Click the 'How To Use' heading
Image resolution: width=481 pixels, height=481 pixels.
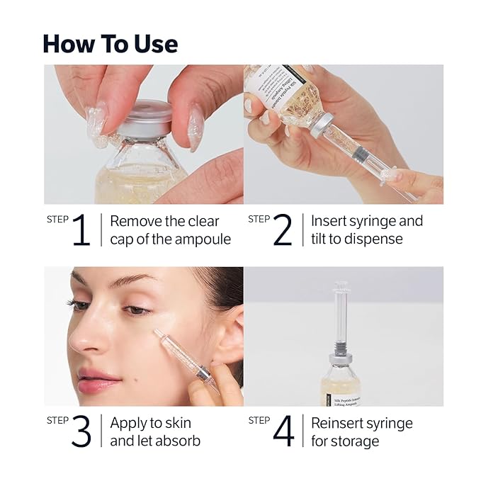(110, 43)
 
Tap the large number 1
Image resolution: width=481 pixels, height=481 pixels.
(81, 230)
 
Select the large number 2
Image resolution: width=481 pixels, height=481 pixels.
(282, 230)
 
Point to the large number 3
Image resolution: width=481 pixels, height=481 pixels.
(81, 432)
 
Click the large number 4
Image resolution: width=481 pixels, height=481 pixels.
(283, 432)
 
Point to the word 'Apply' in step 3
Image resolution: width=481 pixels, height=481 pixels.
(128, 424)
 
